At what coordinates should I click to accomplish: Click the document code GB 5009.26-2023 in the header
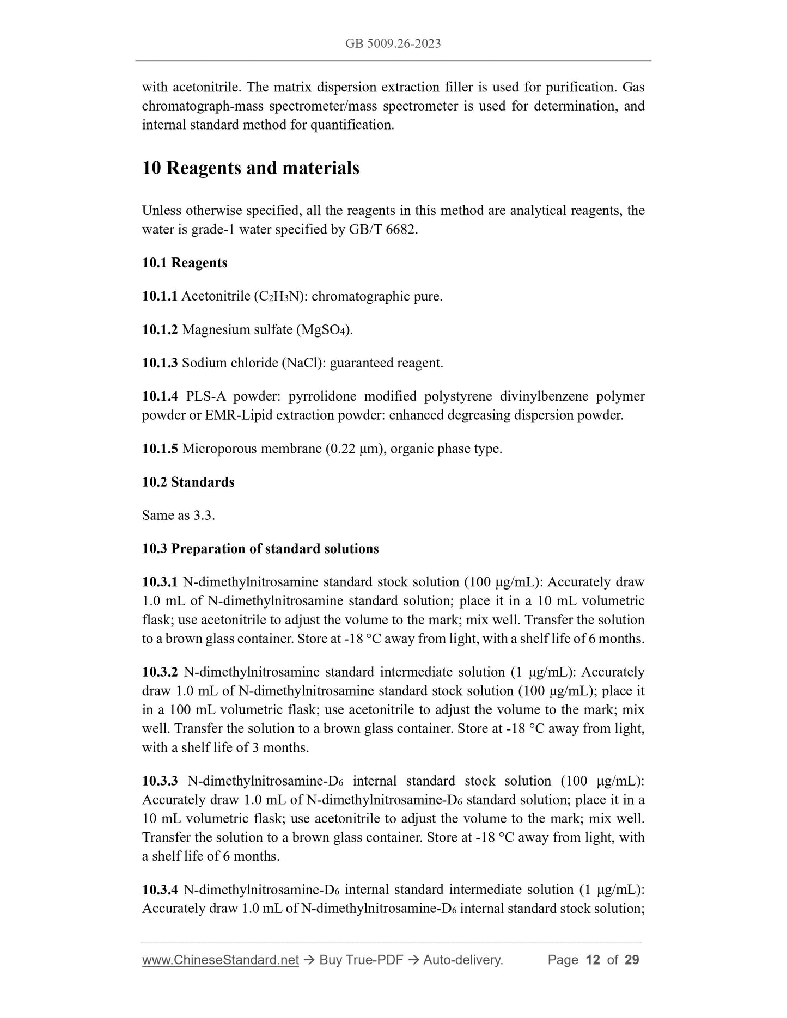393,44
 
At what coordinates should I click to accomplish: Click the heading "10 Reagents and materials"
251,168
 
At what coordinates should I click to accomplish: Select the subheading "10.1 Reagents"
185,263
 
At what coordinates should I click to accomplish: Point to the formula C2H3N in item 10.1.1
277,297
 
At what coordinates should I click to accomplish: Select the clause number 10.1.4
160,396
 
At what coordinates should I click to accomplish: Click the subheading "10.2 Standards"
188,482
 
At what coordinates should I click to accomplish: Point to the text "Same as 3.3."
178,516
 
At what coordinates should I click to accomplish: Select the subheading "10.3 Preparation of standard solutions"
260,549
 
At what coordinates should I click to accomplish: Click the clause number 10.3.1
160,582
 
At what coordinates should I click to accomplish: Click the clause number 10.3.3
160,781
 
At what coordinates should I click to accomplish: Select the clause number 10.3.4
160,890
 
